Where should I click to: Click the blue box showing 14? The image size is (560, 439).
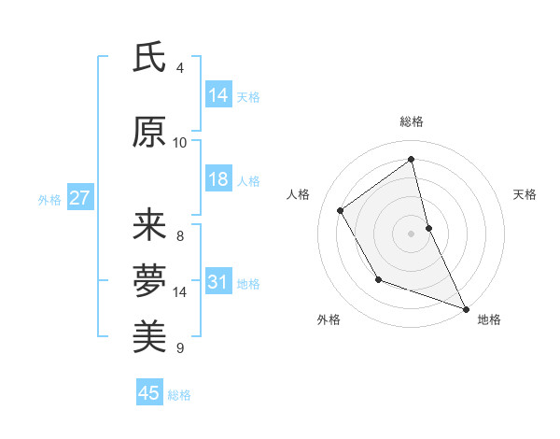pyautogui.click(x=218, y=94)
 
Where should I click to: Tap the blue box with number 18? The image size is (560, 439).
pyautogui.click(x=218, y=179)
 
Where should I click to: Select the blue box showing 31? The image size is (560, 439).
pyautogui.click(x=218, y=282)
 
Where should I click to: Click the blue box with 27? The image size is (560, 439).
pyautogui.click(x=79, y=198)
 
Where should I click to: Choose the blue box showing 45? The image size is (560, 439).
pyautogui.click(x=149, y=393)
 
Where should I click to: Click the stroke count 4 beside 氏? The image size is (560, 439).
pyautogui.click(x=180, y=68)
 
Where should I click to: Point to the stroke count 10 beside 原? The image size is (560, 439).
pyautogui.click(x=180, y=143)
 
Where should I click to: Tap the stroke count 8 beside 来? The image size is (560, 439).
pyautogui.click(x=180, y=235)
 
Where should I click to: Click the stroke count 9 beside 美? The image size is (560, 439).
pyautogui.click(x=180, y=348)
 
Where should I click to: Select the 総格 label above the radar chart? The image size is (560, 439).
pyautogui.click(x=412, y=121)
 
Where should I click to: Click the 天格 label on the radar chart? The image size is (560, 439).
pyautogui.click(x=525, y=194)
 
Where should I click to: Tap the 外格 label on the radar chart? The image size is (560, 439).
pyautogui.click(x=329, y=319)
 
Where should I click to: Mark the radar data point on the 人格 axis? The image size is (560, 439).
pyautogui.click(x=341, y=210)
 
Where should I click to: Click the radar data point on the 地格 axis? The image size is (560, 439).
pyautogui.click(x=466, y=309)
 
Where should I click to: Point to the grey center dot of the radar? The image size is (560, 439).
pyautogui.click(x=411, y=233)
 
